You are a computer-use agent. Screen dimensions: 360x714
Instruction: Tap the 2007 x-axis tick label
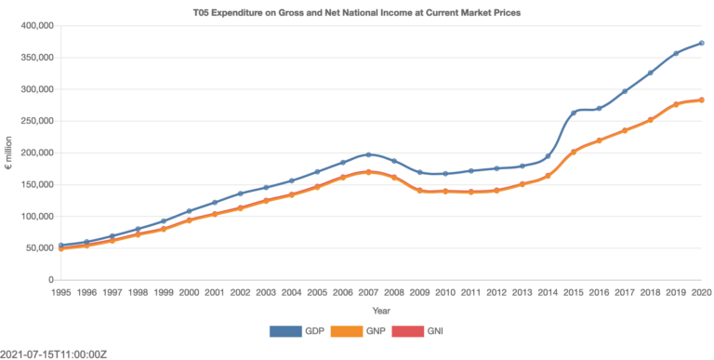[x=368, y=292]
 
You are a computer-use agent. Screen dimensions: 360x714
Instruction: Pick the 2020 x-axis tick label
[x=701, y=292]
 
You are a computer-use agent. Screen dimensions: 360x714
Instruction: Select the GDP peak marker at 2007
[x=368, y=154]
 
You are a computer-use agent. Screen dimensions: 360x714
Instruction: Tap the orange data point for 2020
[x=701, y=100]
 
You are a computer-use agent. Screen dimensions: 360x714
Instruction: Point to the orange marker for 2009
[x=420, y=191]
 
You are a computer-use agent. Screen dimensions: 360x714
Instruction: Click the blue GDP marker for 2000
[x=189, y=211]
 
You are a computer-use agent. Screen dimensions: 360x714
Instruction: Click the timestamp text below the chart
[x=54, y=353]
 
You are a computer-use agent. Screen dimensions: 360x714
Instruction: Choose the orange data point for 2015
[x=574, y=152]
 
